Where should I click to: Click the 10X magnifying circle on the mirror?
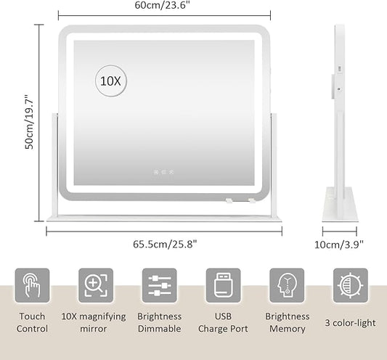[111, 81]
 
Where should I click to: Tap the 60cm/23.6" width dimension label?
[163, 5]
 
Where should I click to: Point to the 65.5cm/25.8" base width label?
[165, 245]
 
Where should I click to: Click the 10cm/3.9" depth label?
[339, 245]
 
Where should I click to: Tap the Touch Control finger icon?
[32, 285]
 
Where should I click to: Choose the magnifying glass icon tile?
[96, 285]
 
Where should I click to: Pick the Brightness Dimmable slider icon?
[160, 285]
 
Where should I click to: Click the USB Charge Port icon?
[223, 285]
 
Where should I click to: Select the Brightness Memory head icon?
[287, 285]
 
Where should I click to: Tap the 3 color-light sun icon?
[351, 285]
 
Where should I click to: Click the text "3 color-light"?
[350, 323]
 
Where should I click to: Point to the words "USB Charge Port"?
[223, 322]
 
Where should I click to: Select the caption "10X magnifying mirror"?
[94, 323]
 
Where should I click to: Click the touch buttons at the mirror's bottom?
[163, 172]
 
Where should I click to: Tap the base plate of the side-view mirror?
[340, 204]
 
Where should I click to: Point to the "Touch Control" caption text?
[32, 322]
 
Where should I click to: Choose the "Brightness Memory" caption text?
[288, 323]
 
